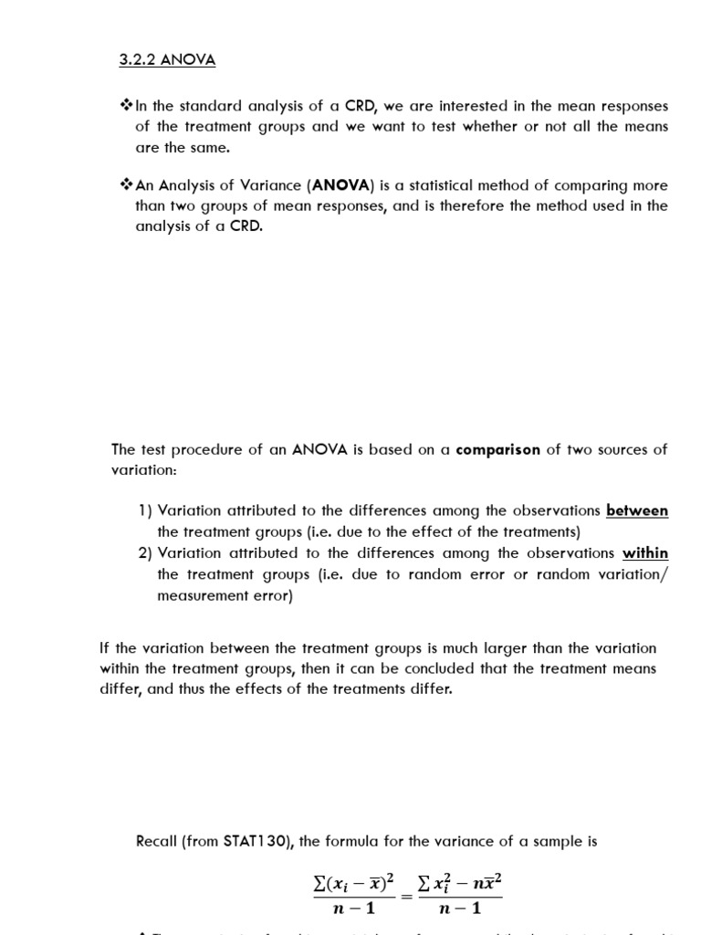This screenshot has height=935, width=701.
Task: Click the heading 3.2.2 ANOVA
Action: (168, 60)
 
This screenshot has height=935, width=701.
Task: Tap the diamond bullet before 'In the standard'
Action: (127, 106)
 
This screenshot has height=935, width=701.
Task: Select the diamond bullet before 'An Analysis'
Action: (127, 185)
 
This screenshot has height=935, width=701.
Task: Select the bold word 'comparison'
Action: (498, 449)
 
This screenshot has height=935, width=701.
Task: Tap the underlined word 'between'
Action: (637, 511)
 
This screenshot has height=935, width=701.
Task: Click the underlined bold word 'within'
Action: (645, 553)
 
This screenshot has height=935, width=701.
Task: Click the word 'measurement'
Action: (202, 596)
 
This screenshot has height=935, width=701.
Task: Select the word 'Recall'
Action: (158, 841)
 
